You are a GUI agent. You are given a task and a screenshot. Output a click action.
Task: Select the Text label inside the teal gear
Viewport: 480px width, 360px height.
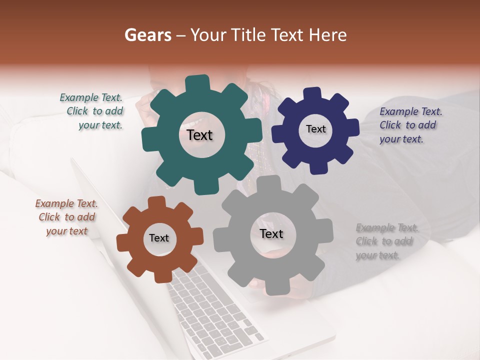(199, 135)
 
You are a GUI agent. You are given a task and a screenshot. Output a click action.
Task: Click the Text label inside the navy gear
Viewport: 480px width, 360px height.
(315, 129)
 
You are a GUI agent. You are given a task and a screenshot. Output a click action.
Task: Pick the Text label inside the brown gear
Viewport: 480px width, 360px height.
(159, 238)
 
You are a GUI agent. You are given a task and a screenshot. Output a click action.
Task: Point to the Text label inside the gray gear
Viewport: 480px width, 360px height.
(271, 233)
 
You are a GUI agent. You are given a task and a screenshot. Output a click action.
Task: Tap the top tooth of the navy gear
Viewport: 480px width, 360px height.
(312, 94)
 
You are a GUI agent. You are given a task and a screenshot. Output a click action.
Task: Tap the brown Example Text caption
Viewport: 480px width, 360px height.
(66, 217)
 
